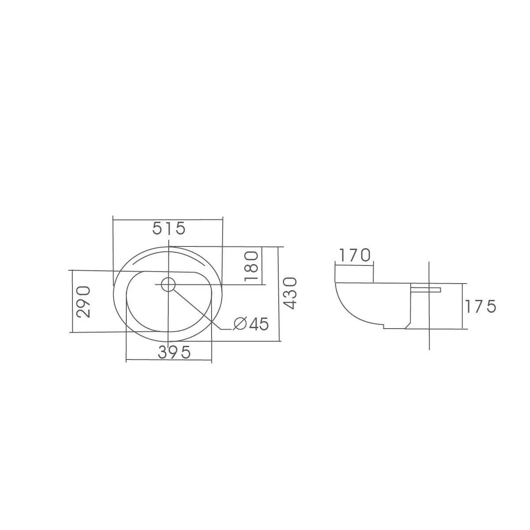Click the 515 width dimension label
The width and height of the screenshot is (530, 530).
[168, 228]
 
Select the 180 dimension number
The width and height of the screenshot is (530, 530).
[250, 265]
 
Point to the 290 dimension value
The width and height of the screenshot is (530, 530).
[83, 302]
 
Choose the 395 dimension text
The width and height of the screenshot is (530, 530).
[174, 352]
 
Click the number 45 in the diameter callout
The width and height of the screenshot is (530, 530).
[258, 324]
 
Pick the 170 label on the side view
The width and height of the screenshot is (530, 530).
[354, 255]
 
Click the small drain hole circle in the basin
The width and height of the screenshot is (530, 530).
[168, 284]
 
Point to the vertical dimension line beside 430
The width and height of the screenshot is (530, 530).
[279, 294]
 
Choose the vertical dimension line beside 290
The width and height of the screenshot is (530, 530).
[72, 302]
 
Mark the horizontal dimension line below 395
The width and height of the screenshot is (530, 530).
[168, 362]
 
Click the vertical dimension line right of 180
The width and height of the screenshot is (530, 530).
[262, 265]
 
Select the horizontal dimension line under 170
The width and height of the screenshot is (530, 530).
[354, 264]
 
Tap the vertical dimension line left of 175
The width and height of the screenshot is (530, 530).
[462, 307]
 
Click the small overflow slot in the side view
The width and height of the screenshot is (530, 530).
[426, 290]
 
